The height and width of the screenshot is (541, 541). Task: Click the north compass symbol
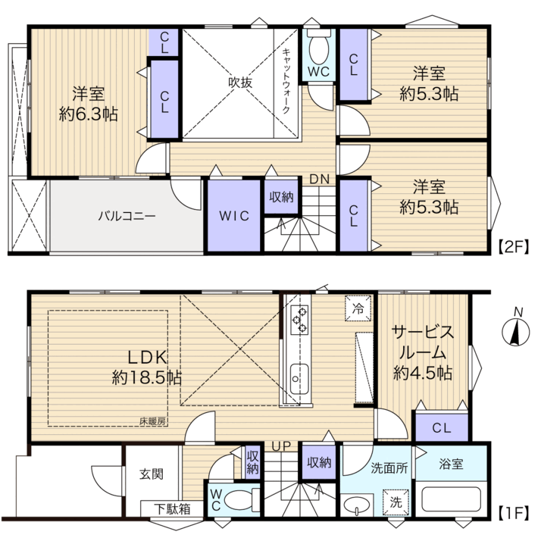[x=515, y=333]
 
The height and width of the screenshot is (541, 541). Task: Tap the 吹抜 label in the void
[x=240, y=83]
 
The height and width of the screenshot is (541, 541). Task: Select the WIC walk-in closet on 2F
[x=234, y=216]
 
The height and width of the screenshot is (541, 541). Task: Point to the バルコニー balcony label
[x=127, y=217]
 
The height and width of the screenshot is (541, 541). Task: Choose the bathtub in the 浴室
[x=451, y=499]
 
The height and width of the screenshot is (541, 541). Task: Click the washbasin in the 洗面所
[x=357, y=505]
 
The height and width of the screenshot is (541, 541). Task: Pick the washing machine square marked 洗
[x=396, y=502]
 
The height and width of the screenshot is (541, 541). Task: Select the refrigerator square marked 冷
[x=358, y=308]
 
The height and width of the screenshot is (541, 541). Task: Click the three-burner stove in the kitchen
[x=299, y=320]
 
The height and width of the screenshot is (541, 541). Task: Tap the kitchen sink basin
[x=299, y=379]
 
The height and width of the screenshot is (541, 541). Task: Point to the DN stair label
[x=320, y=180]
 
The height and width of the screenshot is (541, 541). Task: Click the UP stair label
[x=281, y=446]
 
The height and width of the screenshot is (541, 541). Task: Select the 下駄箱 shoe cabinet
[x=172, y=508]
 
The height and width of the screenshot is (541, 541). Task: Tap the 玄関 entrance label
[x=152, y=474]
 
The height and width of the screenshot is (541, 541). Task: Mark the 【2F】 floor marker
[x=514, y=247]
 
